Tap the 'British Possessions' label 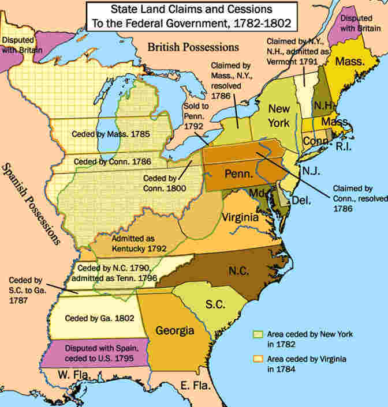[x=192, y=47]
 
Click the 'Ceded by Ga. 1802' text [x=92, y=318]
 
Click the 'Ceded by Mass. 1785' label [x=111, y=134]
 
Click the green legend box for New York [x=258, y=334]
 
